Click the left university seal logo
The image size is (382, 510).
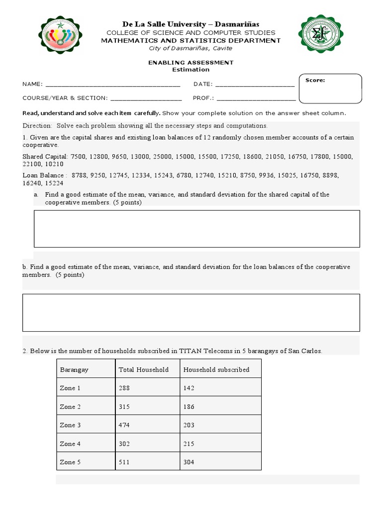(x=61, y=35)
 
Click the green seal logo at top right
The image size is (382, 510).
(x=321, y=34)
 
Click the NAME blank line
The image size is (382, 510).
(x=112, y=84)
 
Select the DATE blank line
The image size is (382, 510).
(x=255, y=84)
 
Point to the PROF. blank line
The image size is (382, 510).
(x=256, y=98)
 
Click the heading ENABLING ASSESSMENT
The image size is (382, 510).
(x=191, y=62)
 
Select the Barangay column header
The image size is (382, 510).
(x=74, y=370)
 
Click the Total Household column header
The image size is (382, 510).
(x=144, y=370)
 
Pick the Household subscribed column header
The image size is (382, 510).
(x=216, y=370)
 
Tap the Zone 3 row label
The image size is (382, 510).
(x=70, y=425)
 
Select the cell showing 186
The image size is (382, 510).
(x=189, y=407)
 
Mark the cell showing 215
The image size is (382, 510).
(x=189, y=444)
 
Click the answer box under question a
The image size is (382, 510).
(x=196, y=229)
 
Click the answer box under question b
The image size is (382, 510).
(x=191, y=312)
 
